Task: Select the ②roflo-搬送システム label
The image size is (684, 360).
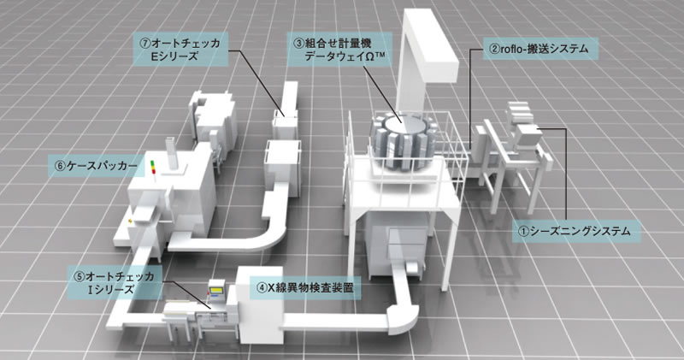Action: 538,50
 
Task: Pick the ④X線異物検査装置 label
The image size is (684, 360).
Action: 304,288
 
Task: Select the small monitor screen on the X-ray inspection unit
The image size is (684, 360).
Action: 217,293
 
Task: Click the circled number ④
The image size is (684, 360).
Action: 262,288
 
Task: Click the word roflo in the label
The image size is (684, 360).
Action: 511,50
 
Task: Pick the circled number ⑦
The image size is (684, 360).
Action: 148,39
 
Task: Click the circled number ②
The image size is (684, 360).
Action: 493,50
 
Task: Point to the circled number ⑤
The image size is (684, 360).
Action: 79,276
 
